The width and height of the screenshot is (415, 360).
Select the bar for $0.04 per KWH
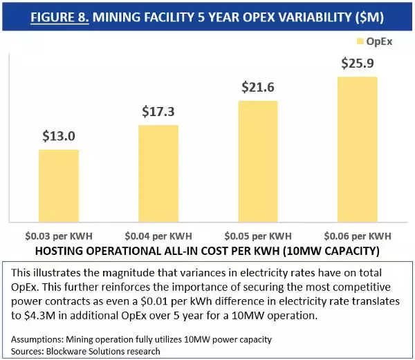(158, 172)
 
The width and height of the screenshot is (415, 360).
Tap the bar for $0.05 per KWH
(258, 160)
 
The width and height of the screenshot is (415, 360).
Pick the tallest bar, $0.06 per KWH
(358, 148)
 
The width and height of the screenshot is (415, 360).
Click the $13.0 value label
(59, 137)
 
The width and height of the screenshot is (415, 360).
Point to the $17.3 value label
(159, 112)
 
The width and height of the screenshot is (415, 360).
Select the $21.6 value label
(259, 88)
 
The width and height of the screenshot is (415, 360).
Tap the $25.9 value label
(358, 64)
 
